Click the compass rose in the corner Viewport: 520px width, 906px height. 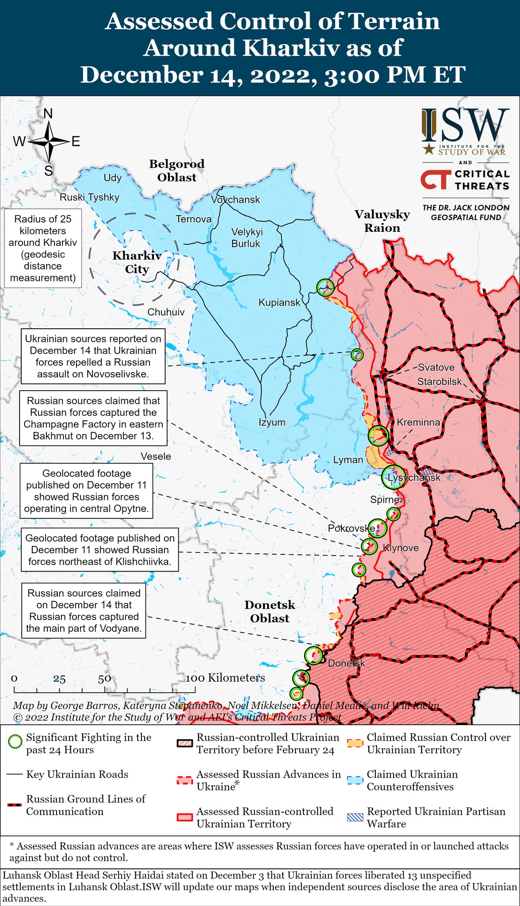49,142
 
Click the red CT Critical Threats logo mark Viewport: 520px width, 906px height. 436,180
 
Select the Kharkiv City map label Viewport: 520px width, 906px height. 137,262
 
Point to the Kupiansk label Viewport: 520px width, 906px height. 279,303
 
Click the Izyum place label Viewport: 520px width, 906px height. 272,422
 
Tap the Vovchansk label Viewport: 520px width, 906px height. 235,200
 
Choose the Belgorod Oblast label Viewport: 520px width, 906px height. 177,170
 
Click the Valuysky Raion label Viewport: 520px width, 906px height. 382,221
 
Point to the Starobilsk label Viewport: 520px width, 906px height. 439,381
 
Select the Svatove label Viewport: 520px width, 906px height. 436,367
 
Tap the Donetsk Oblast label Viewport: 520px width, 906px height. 270,611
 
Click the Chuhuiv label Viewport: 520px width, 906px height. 166,312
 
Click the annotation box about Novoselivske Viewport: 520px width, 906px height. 93,356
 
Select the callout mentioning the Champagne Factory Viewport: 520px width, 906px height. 93,418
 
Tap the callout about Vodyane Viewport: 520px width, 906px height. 84,610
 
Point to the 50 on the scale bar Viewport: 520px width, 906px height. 104,679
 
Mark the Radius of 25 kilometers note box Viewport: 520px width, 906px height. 43,248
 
